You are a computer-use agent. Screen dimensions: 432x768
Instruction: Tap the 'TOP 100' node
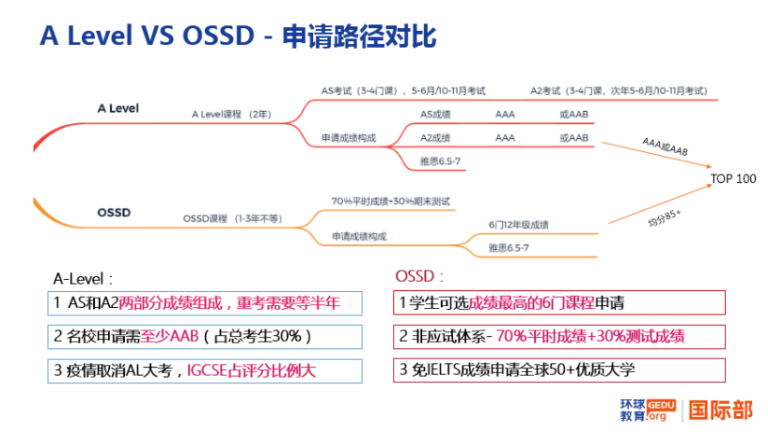[733, 178]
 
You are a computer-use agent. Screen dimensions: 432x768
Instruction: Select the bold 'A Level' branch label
[117, 108]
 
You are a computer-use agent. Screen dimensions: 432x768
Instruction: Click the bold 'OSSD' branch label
[114, 212]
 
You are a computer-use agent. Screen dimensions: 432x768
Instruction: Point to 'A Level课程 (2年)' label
[230, 113]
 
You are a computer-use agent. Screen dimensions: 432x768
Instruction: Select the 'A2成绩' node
[435, 137]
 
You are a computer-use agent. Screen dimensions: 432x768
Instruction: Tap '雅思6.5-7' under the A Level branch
[441, 161]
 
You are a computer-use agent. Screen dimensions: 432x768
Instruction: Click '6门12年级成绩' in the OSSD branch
[518, 225]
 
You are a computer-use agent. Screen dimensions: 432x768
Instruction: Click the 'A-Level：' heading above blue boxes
[83, 278]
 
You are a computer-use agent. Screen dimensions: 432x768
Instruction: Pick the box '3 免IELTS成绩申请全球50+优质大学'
[559, 369]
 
